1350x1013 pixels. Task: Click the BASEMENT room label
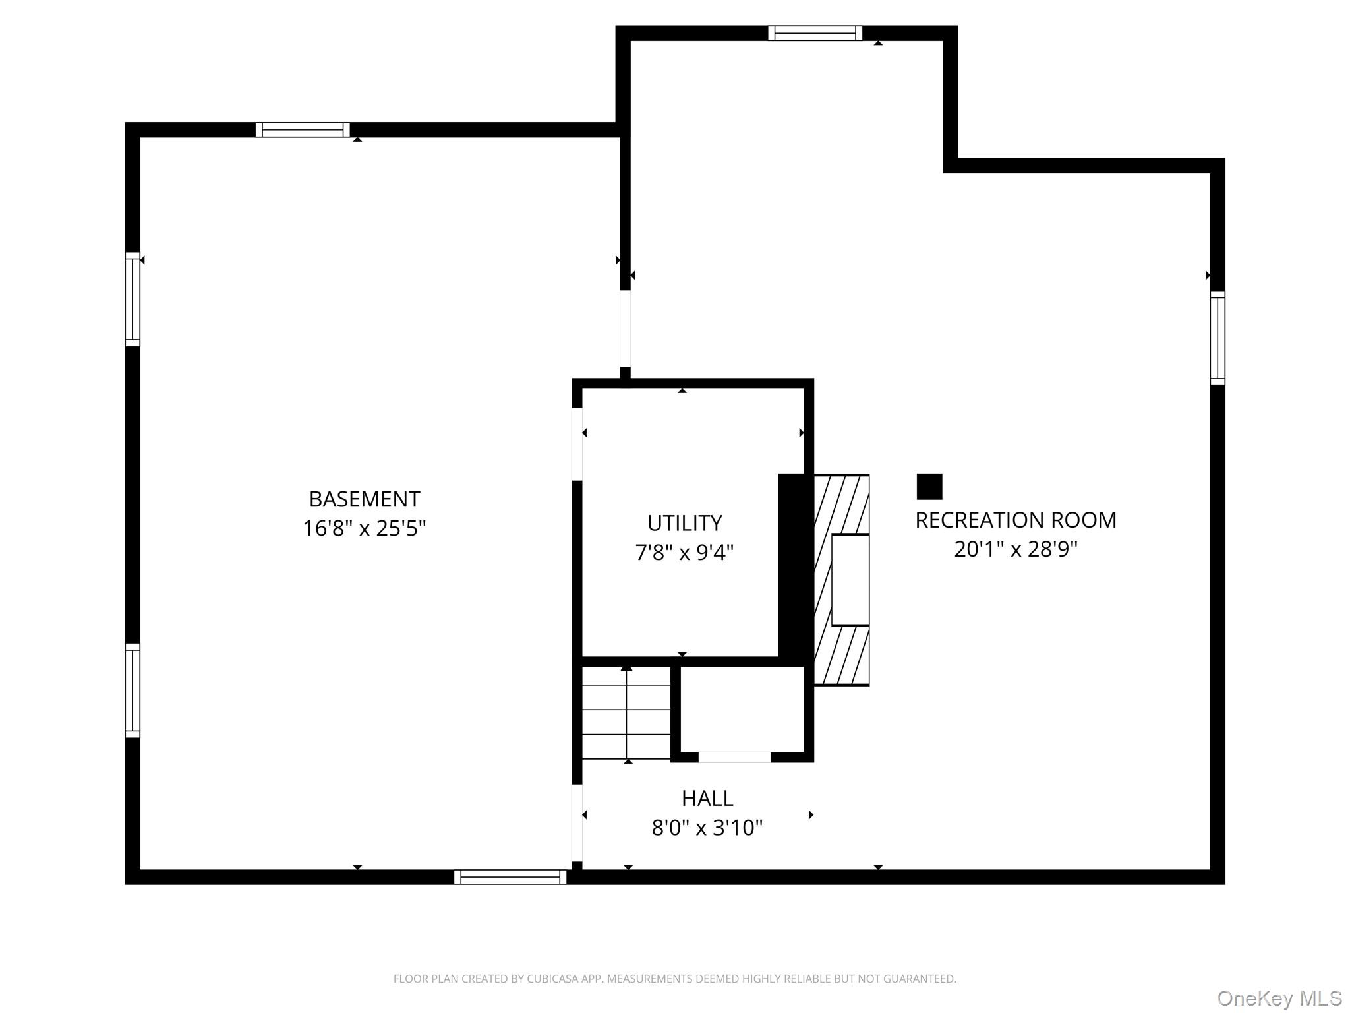(x=364, y=499)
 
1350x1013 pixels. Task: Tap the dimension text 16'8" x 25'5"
(x=364, y=528)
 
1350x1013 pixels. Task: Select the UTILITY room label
(x=684, y=523)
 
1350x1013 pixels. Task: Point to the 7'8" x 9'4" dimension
(x=684, y=552)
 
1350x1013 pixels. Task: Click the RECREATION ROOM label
(x=1015, y=520)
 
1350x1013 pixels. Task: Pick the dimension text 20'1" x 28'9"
(x=1015, y=549)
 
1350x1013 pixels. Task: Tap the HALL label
(x=707, y=799)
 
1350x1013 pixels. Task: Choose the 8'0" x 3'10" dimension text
(x=707, y=827)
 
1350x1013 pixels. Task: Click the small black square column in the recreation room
(x=929, y=487)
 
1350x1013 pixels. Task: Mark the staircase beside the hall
(x=626, y=712)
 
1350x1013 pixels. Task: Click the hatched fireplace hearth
(x=842, y=579)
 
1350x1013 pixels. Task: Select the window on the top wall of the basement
(x=303, y=130)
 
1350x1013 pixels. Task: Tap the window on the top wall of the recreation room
(x=815, y=33)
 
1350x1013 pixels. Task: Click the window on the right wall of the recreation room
(x=1217, y=338)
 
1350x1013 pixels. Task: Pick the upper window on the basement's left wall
(x=132, y=299)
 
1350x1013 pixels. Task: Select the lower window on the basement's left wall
(x=132, y=690)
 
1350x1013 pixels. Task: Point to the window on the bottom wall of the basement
(x=510, y=876)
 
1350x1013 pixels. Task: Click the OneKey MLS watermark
(x=1279, y=998)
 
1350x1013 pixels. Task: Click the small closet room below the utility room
(x=742, y=709)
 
